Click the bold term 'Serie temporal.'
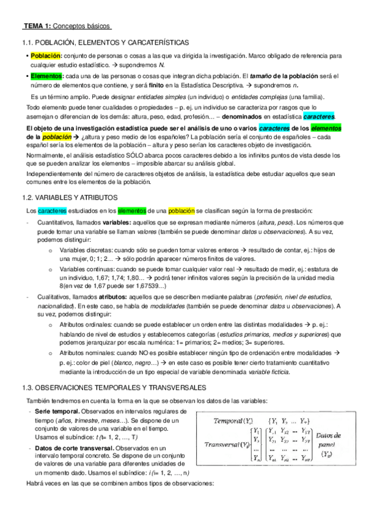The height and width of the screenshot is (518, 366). click(x=58, y=413)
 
